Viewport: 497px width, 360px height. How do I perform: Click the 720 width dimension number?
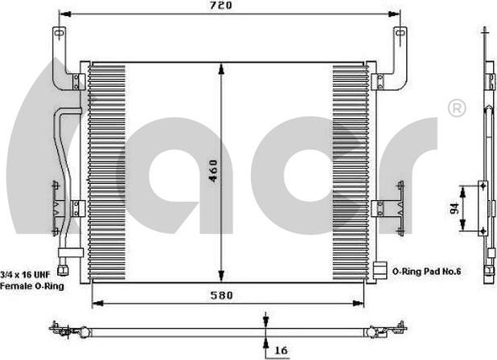222,6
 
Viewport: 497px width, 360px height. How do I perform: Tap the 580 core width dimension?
221,295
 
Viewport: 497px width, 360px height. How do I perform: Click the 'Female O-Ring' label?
32,285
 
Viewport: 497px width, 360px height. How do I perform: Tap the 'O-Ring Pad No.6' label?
426,272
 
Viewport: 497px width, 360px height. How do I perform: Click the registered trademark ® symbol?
456,108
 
